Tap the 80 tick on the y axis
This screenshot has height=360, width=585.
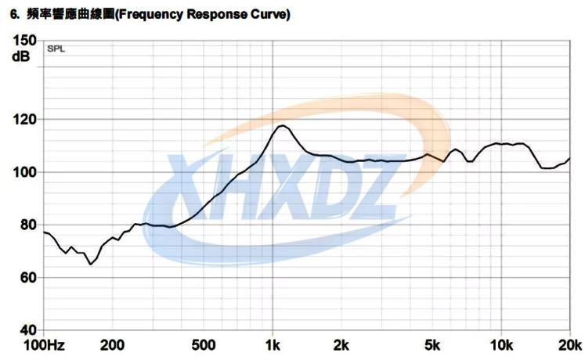click(x=26, y=225)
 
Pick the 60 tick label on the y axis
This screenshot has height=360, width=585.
click(x=26, y=278)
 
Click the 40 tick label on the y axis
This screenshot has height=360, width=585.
click(x=26, y=330)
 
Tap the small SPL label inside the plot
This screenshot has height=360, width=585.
click(x=56, y=49)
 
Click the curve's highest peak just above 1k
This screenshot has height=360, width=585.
click(x=282, y=126)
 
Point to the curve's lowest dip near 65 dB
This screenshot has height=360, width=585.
click(x=91, y=265)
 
